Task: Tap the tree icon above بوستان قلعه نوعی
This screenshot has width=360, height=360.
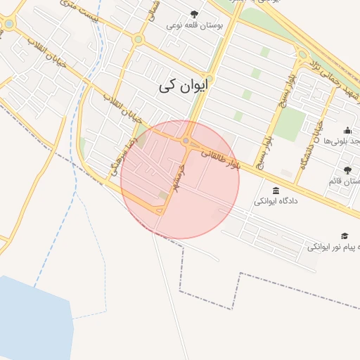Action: pyautogui.click(x=195, y=13)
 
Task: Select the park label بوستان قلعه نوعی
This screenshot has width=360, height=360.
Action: pyautogui.click(x=195, y=25)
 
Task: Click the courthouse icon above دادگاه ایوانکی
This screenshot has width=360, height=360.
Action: pyautogui.click(x=275, y=191)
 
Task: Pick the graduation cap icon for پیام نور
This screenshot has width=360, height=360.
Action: pyautogui.click(x=345, y=236)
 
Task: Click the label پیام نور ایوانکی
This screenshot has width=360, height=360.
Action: pyautogui.click(x=335, y=247)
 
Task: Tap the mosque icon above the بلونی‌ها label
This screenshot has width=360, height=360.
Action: pyautogui.click(x=347, y=130)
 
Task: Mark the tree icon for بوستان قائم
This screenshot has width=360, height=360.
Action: pyautogui.click(x=347, y=169)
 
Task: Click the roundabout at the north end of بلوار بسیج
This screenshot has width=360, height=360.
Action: pyautogui.click(x=302, y=55)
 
